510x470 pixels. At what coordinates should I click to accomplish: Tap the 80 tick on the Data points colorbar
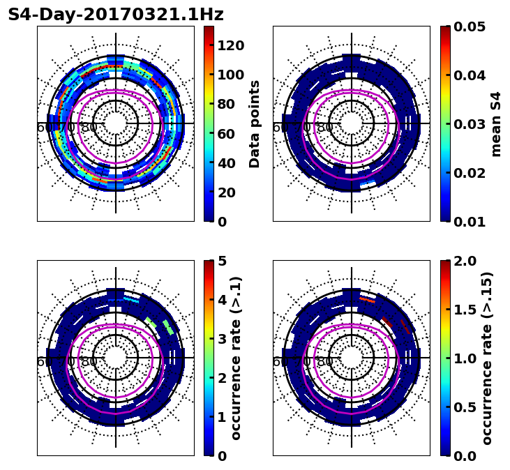coord(226,105)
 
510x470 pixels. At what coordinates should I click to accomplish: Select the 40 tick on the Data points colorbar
coord(226,163)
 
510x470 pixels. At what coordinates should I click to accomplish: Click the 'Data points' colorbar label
coord(255,123)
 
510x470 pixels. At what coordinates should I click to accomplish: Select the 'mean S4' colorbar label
coord(496,123)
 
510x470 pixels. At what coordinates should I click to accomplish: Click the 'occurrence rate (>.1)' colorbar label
coord(236,358)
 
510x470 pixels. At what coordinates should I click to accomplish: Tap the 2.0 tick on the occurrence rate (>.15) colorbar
coord(464,261)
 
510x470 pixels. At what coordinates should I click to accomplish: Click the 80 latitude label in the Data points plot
coord(89,128)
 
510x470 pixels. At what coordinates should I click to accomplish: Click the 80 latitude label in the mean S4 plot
coord(325,128)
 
